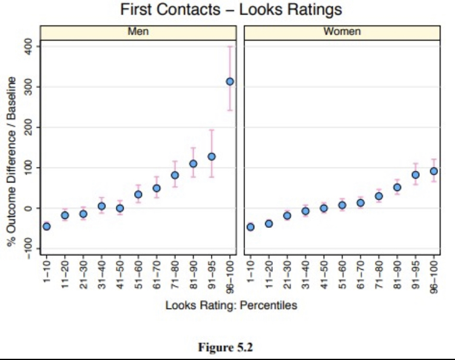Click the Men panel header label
[x=138, y=32]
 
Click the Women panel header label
[x=342, y=32]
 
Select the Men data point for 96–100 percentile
[x=230, y=81]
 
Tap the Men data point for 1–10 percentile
[x=47, y=227]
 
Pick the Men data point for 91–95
[x=212, y=156]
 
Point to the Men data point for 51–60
[x=138, y=195]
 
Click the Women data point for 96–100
[x=434, y=172]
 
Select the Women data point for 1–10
[x=251, y=227]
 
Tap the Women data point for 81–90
[x=397, y=187]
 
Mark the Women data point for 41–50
[x=324, y=208]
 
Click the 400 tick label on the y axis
[x=29, y=47]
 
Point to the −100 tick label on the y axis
[x=29, y=248]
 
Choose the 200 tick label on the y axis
[x=29, y=127]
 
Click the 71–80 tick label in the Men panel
[x=175, y=275]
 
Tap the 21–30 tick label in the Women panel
[x=288, y=275]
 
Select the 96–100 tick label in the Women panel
[x=434, y=277]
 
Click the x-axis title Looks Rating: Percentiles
[x=231, y=305]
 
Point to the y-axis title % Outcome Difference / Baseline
[x=12, y=161]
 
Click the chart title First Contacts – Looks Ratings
[x=231, y=9]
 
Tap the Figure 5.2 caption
[x=226, y=347]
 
